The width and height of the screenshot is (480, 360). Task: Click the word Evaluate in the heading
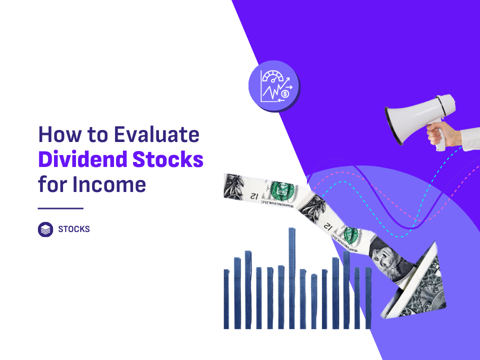click(x=156, y=134)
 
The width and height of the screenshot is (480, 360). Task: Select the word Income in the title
click(x=109, y=184)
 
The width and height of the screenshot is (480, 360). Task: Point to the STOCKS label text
click(x=74, y=229)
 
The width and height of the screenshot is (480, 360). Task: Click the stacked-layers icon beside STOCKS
click(x=45, y=229)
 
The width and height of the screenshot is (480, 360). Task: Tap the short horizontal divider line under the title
click(x=60, y=208)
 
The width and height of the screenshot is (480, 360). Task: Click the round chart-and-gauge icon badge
click(x=274, y=86)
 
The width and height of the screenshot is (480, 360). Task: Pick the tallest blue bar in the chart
click(x=291, y=278)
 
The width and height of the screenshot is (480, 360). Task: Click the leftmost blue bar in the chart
click(x=226, y=299)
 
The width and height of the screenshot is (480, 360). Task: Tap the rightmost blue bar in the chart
click(x=368, y=298)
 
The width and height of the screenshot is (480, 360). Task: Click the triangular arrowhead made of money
click(x=419, y=284)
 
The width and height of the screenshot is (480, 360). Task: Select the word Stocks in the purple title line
click(x=168, y=159)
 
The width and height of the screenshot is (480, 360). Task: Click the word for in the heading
click(x=52, y=184)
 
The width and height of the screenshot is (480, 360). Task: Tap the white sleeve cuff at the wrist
click(x=470, y=139)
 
